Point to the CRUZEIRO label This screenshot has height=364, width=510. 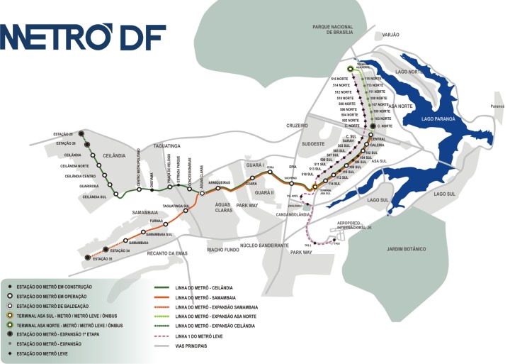tap(296, 125)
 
